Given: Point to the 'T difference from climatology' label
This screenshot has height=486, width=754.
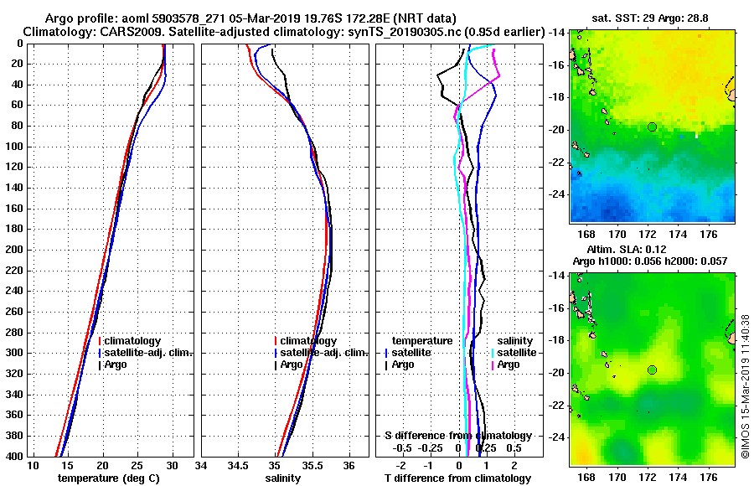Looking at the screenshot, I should click(x=457, y=478).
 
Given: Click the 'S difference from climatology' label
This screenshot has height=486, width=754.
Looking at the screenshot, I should click(x=457, y=436).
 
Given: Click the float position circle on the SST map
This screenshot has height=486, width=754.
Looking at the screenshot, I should click(x=652, y=127).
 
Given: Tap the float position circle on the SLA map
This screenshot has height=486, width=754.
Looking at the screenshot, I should click(x=652, y=370).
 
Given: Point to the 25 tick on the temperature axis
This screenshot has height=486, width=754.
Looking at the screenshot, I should click(x=137, y=465).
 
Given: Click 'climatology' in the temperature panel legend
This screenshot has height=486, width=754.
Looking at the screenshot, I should click(x=136, y=341).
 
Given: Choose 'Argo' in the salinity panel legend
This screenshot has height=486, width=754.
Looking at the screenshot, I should click(x=292, y=364).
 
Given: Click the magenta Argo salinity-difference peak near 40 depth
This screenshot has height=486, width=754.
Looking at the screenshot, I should click(x=499, y=77).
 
